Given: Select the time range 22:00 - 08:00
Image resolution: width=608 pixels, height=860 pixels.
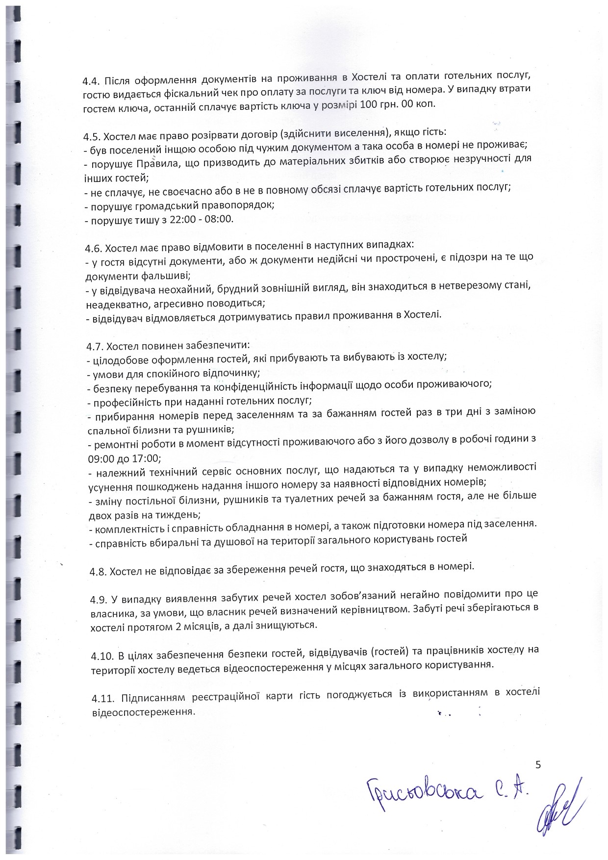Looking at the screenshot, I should point(201,219).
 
